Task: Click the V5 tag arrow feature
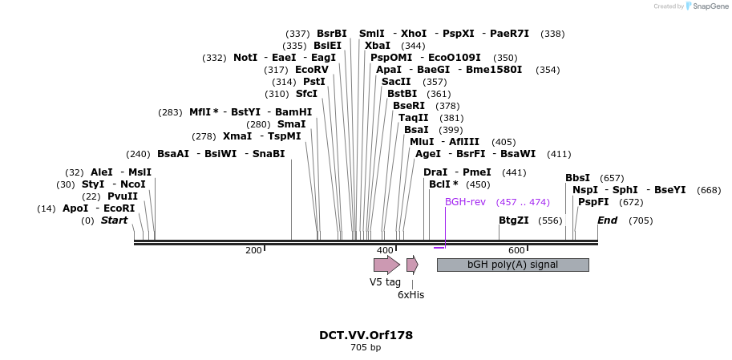[x=386, y=265]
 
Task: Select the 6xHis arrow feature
[x=412, y=265]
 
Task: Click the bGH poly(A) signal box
[x=512, y=265]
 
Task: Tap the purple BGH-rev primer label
[x=465, y=202]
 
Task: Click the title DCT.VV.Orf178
[x=366, y=335]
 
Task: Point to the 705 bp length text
[x=366, y=348]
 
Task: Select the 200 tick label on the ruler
[x=253, y=251]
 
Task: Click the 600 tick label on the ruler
[x=516, y=251]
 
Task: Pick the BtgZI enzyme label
[x=514, y=220]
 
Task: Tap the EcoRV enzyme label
[x=312, y=70]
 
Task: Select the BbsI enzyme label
[x=577, y=178]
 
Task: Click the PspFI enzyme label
[x=593, y=202]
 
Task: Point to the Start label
[x=114, y=220]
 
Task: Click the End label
[x=607, y=220]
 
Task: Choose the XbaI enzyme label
[x=378, y=46]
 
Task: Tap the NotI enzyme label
[x=245, y=58]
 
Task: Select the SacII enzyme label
[x=396, y=82]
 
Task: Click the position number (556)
[x=550, y=220]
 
